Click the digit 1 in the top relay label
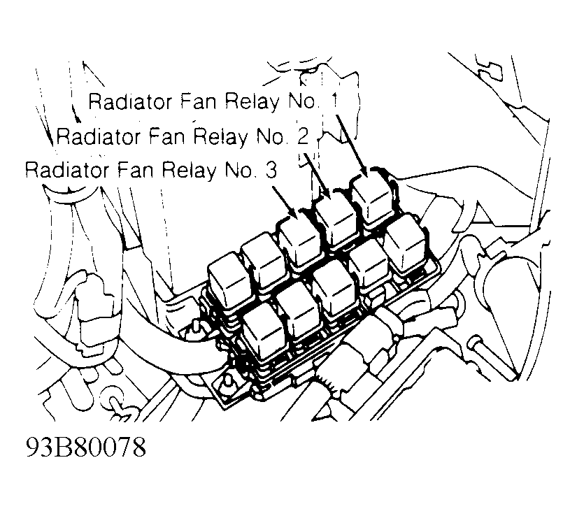[x=334, y=101]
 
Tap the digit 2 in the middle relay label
[x=302, y=136]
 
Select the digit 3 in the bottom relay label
[x=271, y=170]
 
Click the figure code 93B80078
[x=86, y=447]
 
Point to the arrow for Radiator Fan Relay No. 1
[x=351, y=145]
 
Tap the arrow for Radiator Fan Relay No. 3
[x=284, y=201]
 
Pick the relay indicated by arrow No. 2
[x=336, y=220]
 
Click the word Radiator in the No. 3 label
[x=67, y=170]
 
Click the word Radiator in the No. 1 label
[x=131, y=101]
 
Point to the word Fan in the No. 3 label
[x=136, y=171]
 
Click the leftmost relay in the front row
[x=264, y=333]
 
